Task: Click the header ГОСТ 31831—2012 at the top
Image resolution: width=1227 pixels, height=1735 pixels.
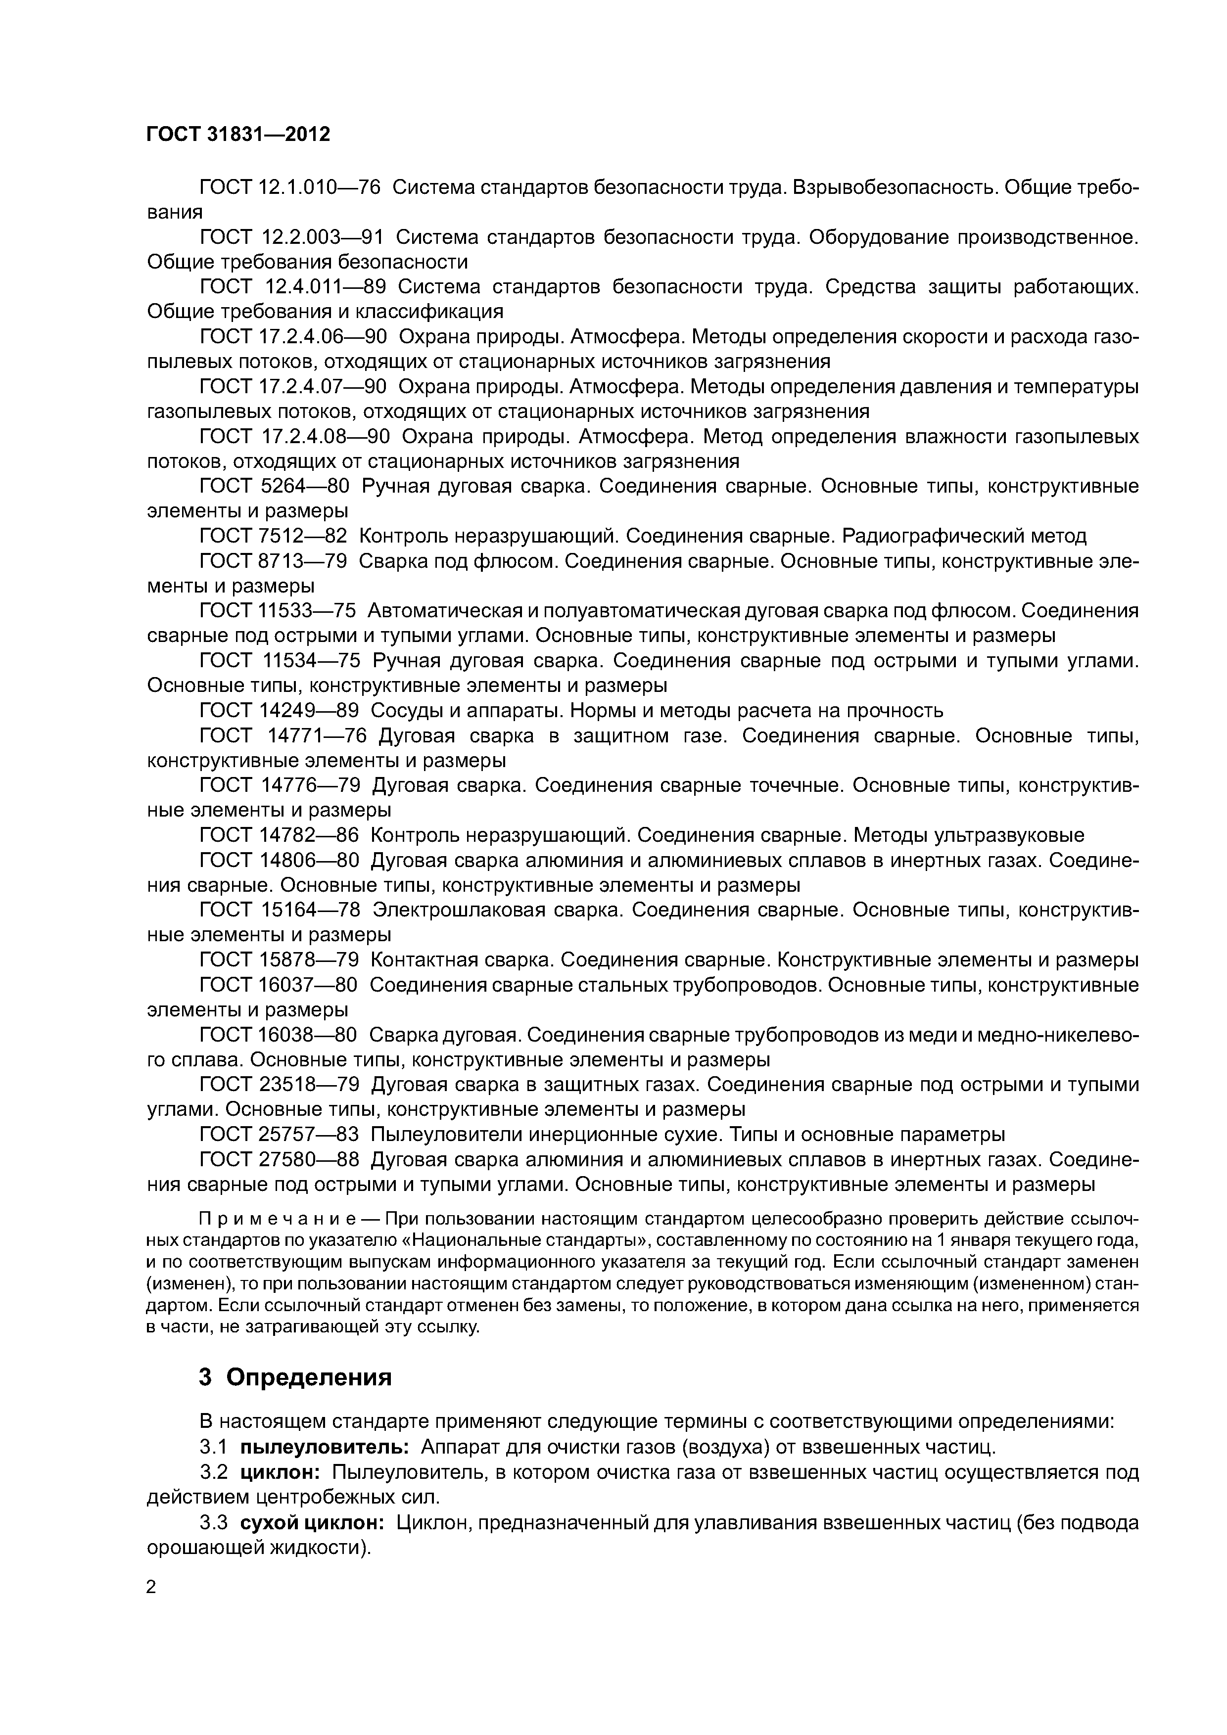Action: [x=238, y=135]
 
